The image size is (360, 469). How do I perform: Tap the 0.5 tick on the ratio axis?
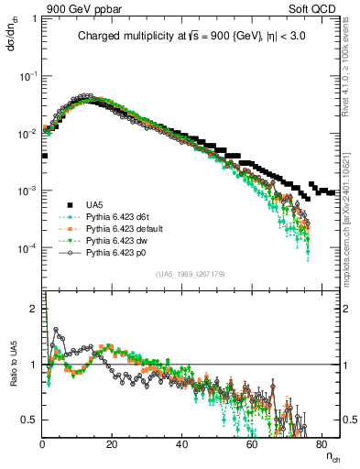30,420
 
